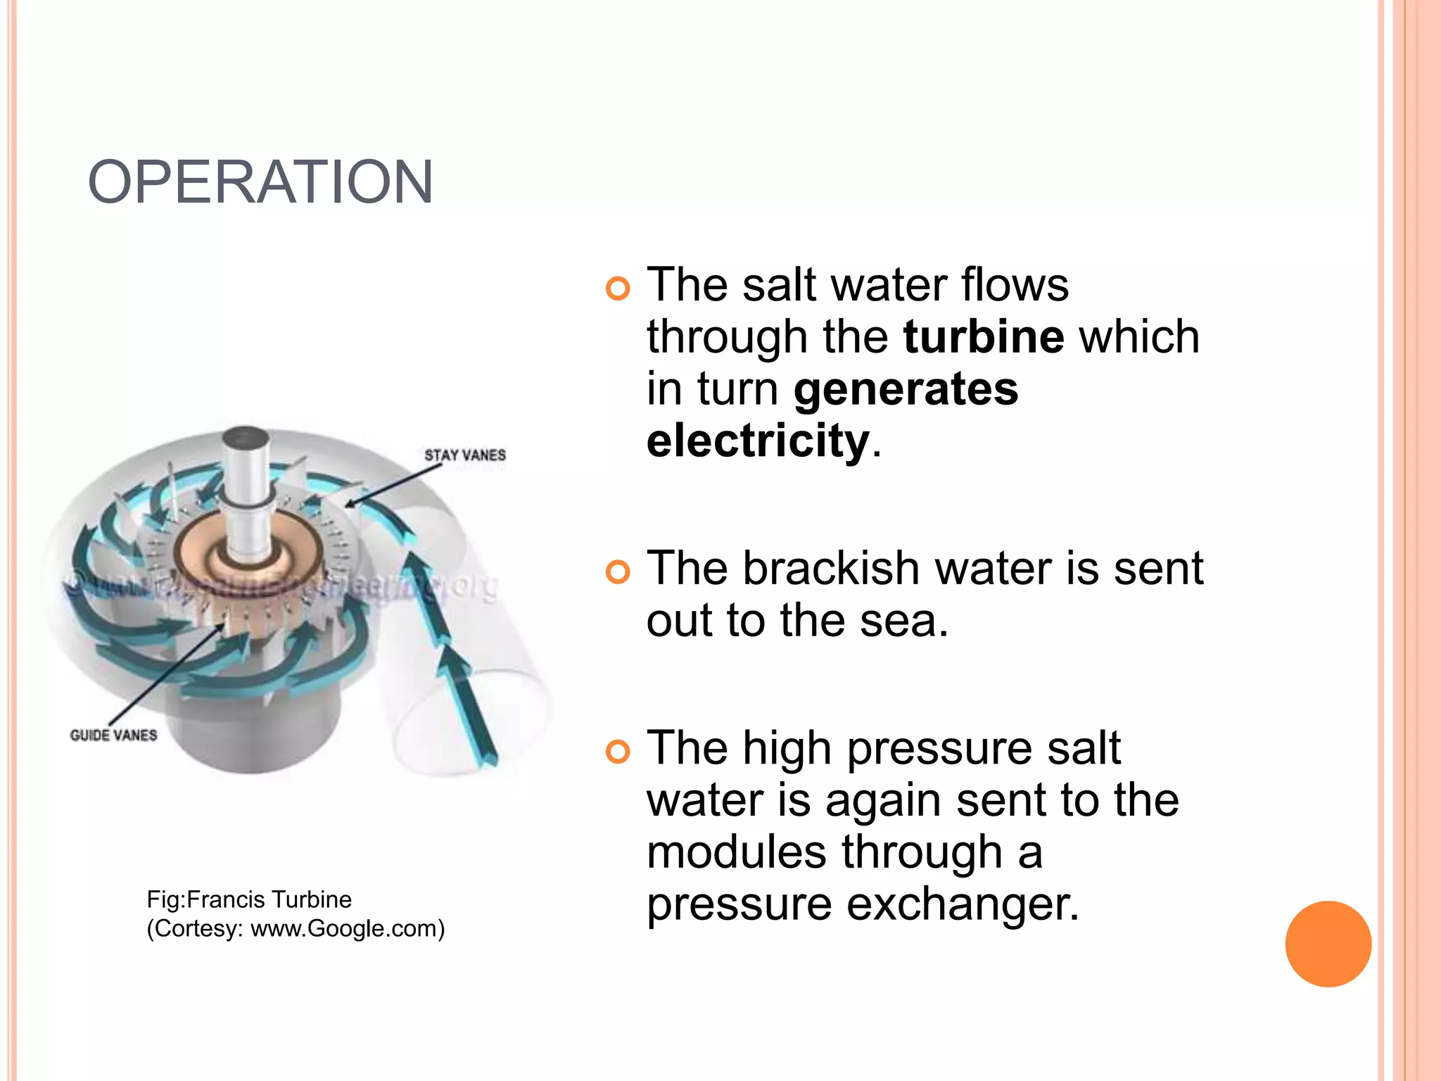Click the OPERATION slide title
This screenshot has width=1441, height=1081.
click(260, 182)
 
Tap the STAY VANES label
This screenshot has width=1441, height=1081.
click(464, 455)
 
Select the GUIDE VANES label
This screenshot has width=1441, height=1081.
click(113, 735)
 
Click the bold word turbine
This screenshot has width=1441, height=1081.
click(983, 336)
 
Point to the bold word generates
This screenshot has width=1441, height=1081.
click(906, 388)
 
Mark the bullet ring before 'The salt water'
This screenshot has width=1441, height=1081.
click(618, 289)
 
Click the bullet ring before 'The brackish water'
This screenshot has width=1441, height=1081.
click(618, 572)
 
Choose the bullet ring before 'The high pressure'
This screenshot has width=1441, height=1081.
click(618, 752)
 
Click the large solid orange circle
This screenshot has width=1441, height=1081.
click(1328, 944)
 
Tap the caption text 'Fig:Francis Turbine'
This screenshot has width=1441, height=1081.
click(249, 899)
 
